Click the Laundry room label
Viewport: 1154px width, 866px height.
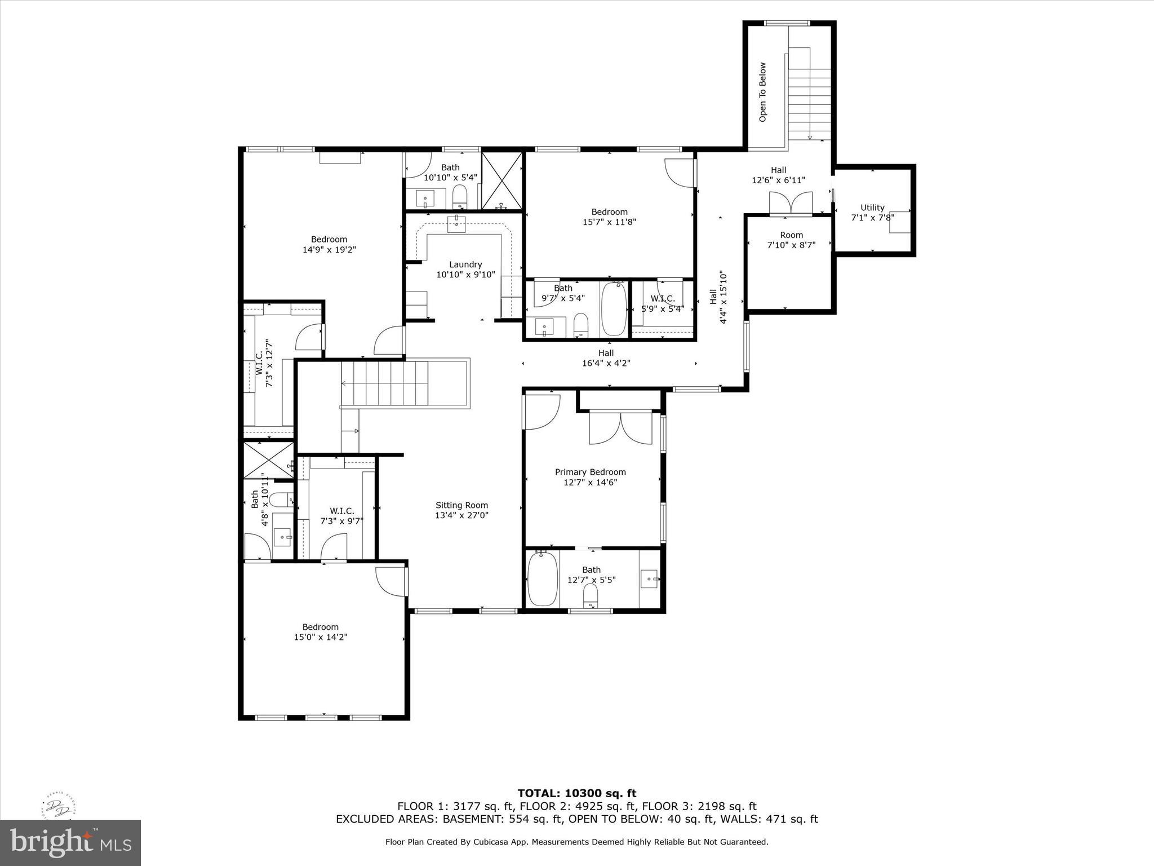pos(465,264)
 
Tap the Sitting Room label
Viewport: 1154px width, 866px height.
pos(461,505)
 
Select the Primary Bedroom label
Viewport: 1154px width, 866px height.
pos(590,472)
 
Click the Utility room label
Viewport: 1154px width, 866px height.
pos(872,207)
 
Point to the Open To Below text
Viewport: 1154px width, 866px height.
pos(763,92)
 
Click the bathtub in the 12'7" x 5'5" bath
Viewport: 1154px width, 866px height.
pos(542,578)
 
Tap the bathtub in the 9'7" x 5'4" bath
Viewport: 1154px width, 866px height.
pos(614,310)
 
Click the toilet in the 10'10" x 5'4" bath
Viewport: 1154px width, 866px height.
pos(460,197)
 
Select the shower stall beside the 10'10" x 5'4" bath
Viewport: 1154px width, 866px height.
pos(502,180)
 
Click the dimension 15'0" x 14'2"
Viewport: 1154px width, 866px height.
pos(320,637)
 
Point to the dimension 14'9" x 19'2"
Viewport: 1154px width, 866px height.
pos(329,249)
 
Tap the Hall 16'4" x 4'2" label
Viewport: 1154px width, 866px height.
pos(606,358)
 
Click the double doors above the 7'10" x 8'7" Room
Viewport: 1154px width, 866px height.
pos(791,204)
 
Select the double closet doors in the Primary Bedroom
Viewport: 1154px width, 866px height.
pos(620,428)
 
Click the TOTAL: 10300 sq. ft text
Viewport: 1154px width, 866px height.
pos(576,793)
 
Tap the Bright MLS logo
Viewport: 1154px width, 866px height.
pos(70,842)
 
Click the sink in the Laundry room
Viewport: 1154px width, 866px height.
pos(456,223)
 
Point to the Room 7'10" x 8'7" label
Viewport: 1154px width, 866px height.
pos(791,240)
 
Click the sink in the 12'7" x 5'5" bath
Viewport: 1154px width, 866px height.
pos(649,578)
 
